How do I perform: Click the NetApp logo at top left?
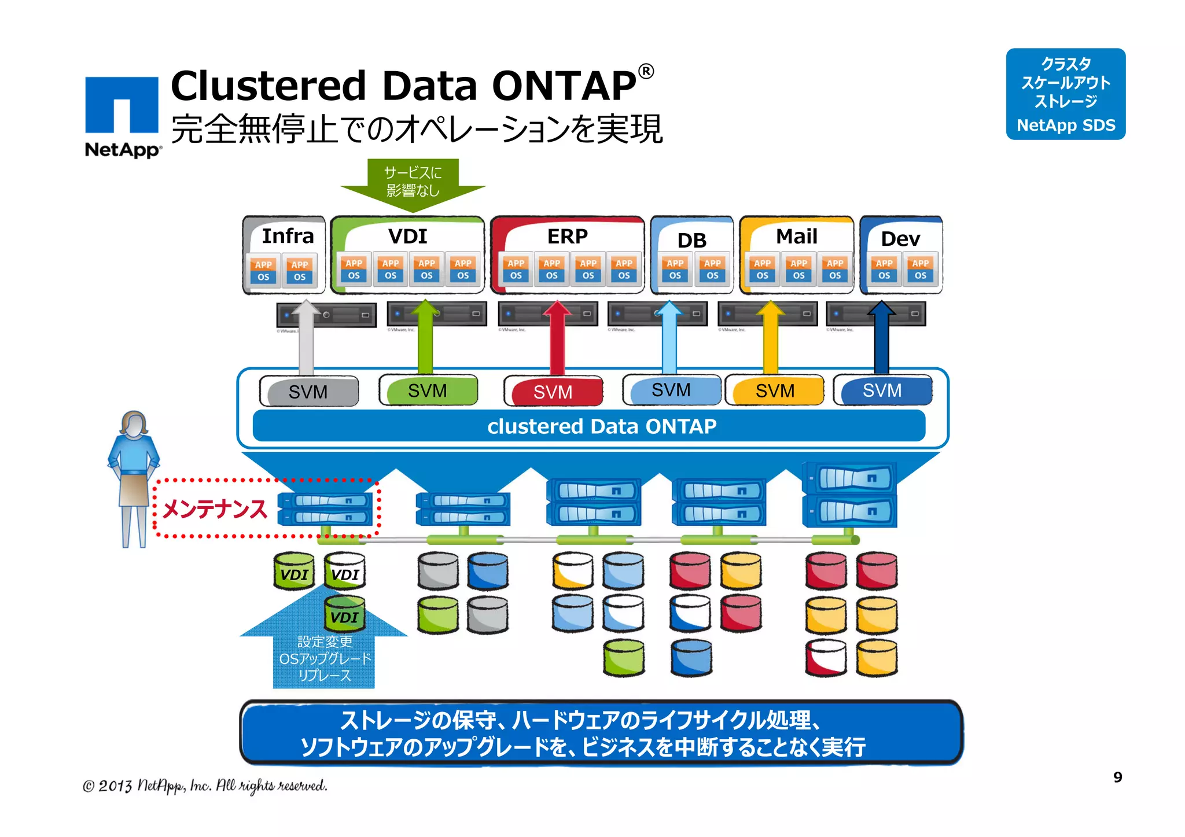(122, 116)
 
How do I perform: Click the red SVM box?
(553, 392)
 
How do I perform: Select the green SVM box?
(428, 390)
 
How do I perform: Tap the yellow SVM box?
(775, 390)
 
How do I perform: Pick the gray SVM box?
(308, 392)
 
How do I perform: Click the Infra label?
(288, 236)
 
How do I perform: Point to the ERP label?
(567, 236)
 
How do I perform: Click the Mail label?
(796, 236)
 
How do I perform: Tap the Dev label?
(900, 238)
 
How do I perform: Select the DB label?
(691, 240)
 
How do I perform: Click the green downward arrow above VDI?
(413, 184)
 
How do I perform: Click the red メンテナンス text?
(215, 509)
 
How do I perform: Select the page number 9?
(1117, 777)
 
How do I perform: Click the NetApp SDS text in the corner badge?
(1066, 125)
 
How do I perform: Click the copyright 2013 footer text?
(205, 786)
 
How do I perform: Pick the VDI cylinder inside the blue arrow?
(344, 615)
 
